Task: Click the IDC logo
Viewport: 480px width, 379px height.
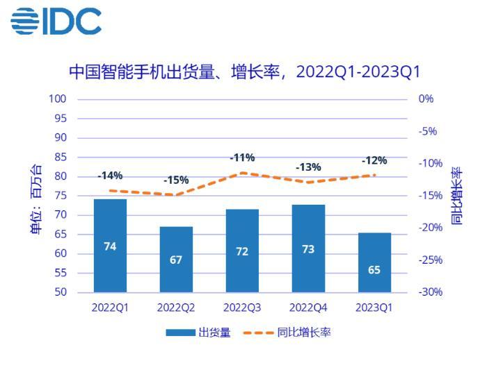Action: (56, 21)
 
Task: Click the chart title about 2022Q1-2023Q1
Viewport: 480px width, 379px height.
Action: (244, 72)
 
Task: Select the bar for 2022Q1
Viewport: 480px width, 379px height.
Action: (110, 246)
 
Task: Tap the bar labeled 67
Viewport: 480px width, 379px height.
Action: (176, 259)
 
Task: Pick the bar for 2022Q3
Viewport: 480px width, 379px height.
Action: (242, 251)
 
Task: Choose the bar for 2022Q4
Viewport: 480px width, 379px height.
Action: (308, 249)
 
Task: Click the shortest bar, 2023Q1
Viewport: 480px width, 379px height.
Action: (374, 262)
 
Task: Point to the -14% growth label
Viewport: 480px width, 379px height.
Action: (110, 176)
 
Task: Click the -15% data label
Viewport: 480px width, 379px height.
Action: (176, 180)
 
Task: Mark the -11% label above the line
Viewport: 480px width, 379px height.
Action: (242, 158)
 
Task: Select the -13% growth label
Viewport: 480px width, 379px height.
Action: (308, 167)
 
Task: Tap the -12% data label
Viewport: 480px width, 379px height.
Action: (374, 161)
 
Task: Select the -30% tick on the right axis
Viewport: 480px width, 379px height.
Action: (431, 292)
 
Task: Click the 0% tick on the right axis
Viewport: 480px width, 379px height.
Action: (426, 99)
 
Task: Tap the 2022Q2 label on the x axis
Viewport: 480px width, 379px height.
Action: (176, 307)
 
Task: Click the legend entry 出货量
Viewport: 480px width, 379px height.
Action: (199, 332)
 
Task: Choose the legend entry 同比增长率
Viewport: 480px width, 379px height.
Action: (287, 332)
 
